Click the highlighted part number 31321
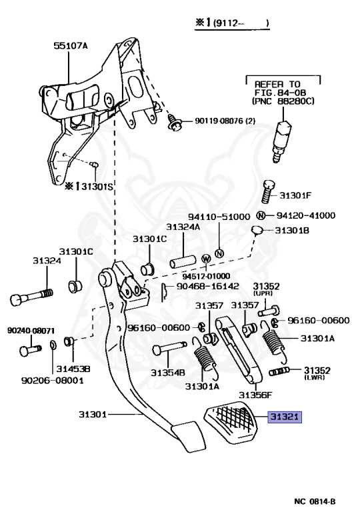pos(285,417)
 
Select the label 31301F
pos(295,195)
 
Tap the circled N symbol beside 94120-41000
pos(262,215)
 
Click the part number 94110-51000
pos(219,217)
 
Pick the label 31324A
pos(183,227)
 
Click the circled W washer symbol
pos(206,257)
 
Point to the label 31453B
pos(73,369)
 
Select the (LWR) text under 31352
pos(314,377)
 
